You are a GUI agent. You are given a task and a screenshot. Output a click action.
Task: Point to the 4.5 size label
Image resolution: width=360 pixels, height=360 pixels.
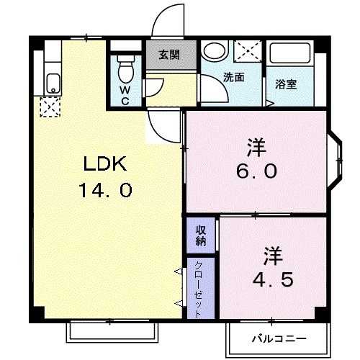271,279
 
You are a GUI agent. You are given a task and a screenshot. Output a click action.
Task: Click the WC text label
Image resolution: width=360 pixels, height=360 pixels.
125,95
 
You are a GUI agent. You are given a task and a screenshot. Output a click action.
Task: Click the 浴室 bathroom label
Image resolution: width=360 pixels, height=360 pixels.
285,84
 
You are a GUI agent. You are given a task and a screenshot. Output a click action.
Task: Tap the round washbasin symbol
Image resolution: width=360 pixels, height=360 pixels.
213,52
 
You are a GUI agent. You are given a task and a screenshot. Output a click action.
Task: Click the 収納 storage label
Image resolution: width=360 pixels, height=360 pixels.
201,235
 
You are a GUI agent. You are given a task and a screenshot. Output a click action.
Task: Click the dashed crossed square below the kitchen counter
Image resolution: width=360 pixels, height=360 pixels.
49,108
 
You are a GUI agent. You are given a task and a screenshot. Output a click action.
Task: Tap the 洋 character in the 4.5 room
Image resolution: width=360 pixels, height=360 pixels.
271,255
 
